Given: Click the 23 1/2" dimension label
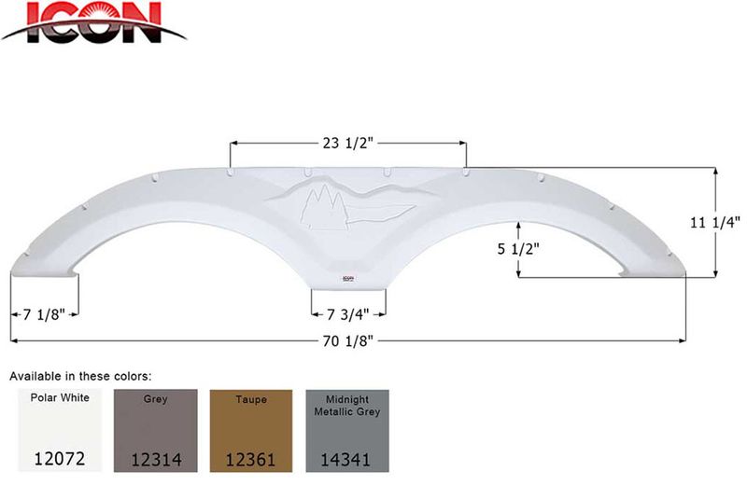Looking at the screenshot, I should point(347,143).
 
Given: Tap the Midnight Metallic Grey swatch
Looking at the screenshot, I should point(347,431).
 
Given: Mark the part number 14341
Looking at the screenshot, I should point(347,459).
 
